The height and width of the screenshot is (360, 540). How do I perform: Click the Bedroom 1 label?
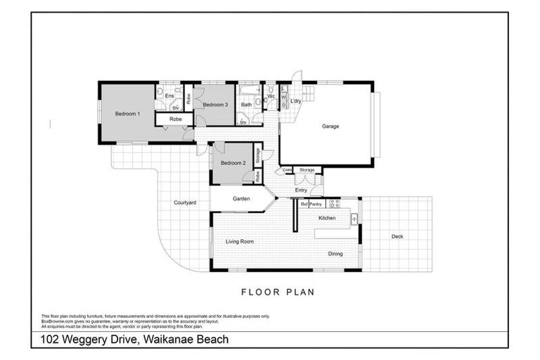coord(128,114)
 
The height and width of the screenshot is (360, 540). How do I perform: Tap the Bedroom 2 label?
coord(233,163)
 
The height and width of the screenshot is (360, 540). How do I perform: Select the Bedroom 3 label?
coord(216,105)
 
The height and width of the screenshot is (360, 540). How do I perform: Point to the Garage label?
coord(330,127)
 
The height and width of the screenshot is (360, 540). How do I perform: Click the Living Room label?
coord(239,241)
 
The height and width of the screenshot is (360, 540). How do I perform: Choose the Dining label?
coord(335,254)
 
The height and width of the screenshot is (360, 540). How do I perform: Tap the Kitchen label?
coord(327,219)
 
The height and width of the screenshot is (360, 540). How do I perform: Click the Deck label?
coord(397,236)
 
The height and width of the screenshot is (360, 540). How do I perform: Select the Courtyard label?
coord(185,202)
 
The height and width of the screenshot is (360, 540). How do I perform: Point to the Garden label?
coord(241,199)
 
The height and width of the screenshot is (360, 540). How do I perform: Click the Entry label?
coord(301,190)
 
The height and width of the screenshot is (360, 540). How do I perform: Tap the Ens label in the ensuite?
coord(169,96)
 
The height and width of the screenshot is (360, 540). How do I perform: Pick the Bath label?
coord(246,105)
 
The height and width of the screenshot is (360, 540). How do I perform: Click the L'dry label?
coord(296,102)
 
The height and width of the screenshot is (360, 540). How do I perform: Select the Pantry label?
coord(315,204)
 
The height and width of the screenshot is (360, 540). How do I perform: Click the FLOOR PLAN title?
coord(277,292)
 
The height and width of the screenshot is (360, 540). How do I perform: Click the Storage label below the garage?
coord(307,169)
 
